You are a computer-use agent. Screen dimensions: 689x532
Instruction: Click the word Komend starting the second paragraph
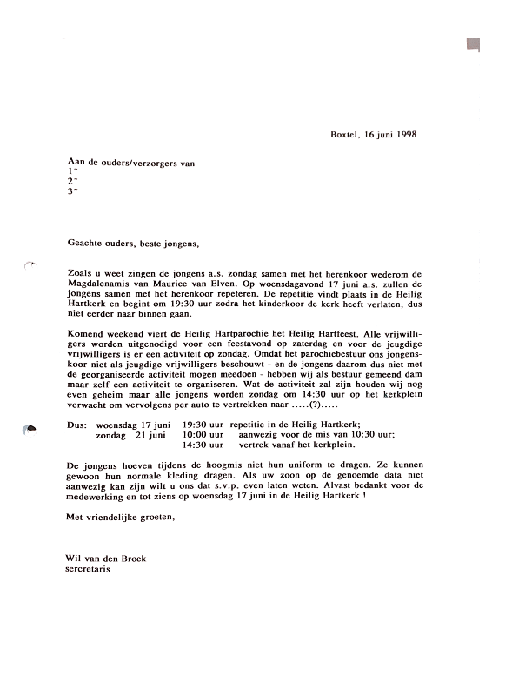(x=84, y=334)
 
